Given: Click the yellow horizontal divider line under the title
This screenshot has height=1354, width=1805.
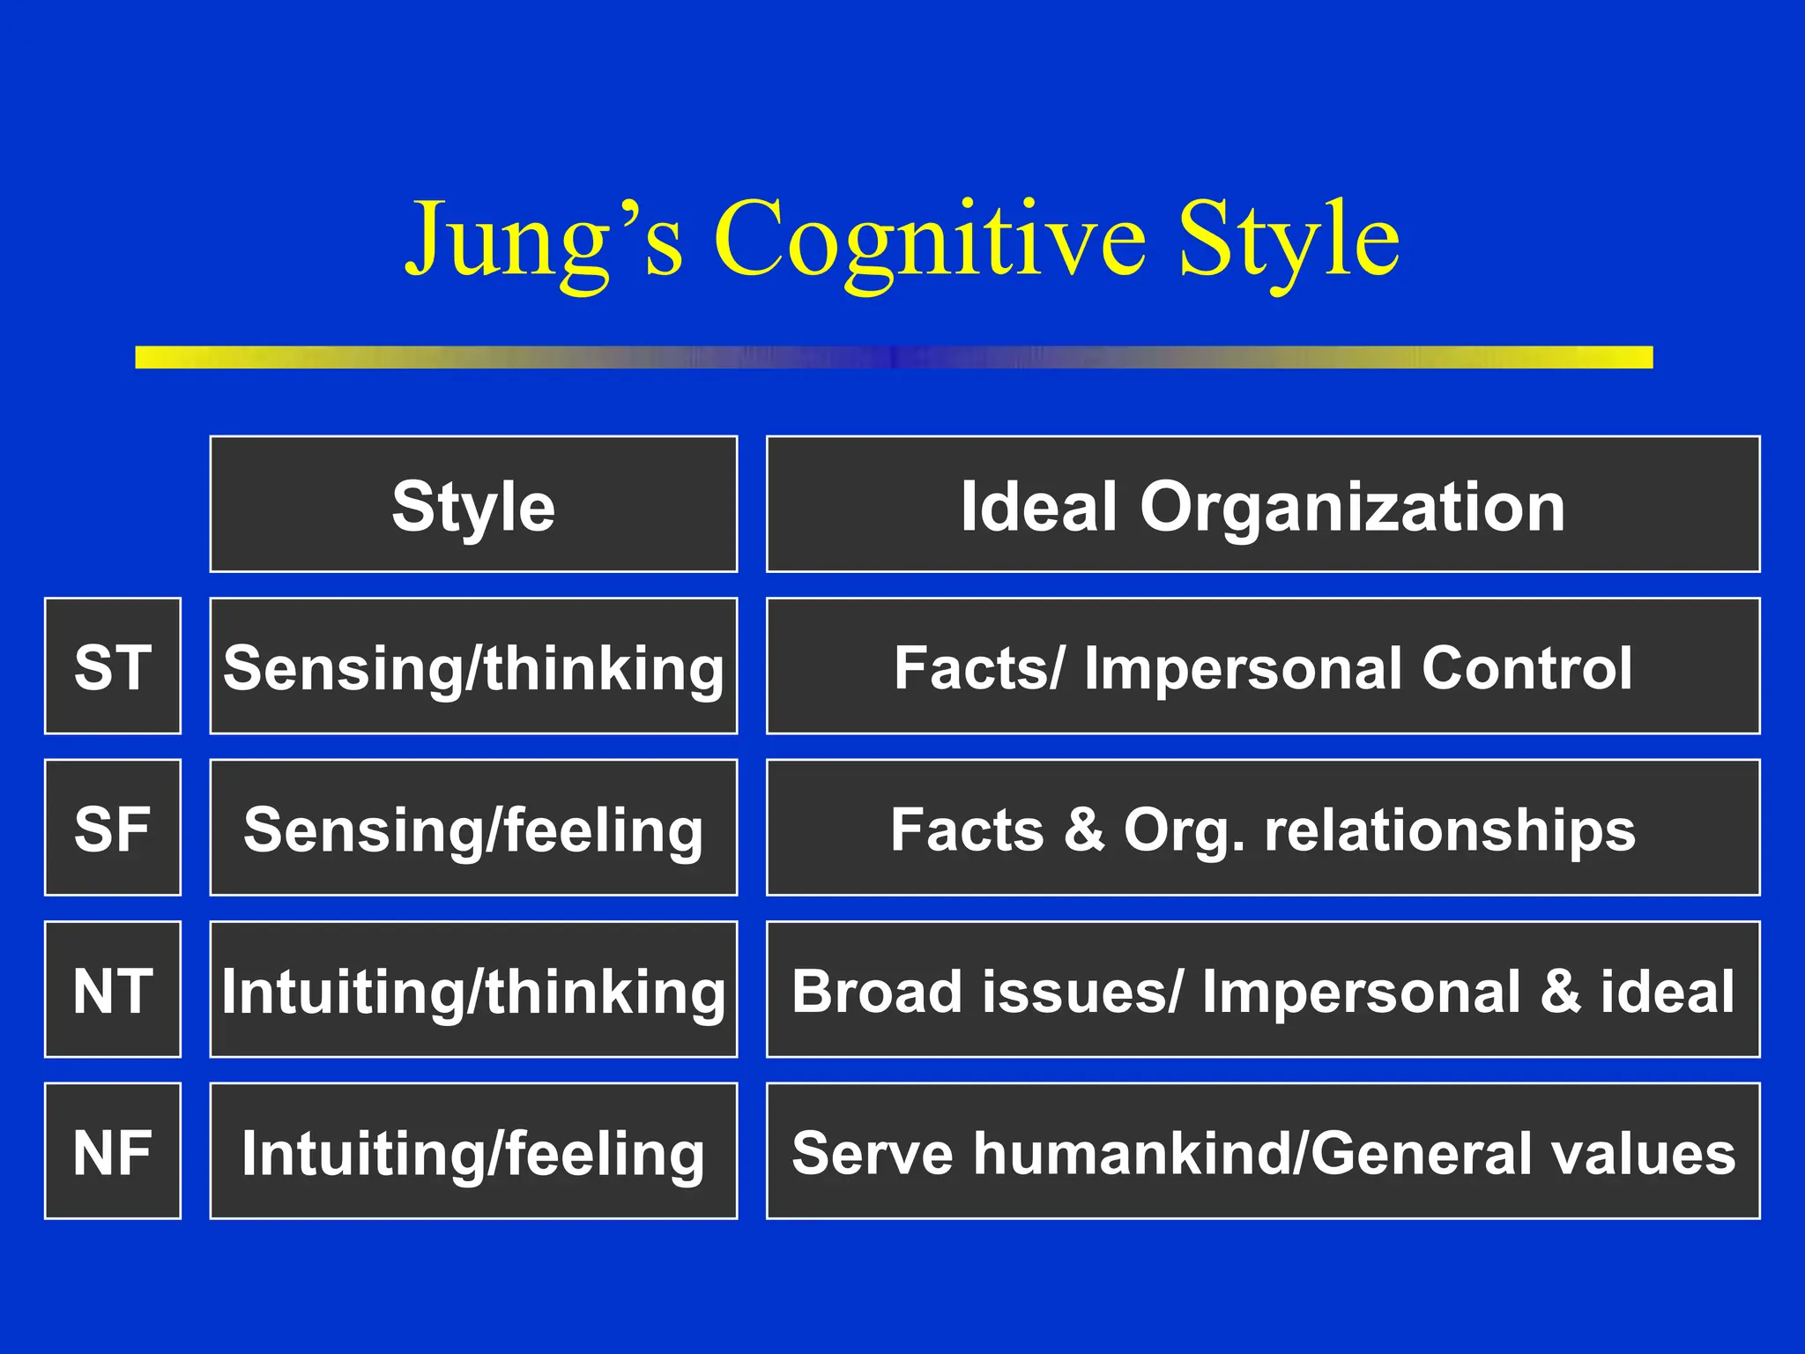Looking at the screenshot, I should point(894,357).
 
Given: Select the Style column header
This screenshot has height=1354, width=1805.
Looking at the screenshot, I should point(473,505).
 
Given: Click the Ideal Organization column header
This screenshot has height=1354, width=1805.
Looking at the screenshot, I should point(1262,505).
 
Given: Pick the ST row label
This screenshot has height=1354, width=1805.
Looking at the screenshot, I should point(113,666).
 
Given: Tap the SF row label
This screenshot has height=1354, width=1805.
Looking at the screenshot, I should point(113,829).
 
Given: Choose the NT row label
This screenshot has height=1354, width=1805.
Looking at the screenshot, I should point(113,990).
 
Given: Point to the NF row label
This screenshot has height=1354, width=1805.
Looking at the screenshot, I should point(113,1151).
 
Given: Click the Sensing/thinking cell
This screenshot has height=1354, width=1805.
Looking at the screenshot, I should point(473,666).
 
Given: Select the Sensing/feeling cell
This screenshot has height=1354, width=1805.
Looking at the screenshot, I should point(473,829).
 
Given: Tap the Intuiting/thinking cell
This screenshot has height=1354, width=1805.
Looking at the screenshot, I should point(473,990).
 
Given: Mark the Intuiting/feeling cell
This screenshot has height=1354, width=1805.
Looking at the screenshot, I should point(473,1151).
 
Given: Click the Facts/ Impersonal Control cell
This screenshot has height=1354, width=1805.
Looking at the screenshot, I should point(1262,666).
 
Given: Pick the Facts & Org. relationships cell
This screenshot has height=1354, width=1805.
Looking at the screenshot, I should point(1262,829).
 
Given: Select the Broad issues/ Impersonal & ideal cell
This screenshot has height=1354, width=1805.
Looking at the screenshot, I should point(1262,990).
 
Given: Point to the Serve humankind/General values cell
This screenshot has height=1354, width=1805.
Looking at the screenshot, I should point(1262,1151).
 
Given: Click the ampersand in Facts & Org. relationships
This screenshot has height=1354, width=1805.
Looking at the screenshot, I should point(1084,830).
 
